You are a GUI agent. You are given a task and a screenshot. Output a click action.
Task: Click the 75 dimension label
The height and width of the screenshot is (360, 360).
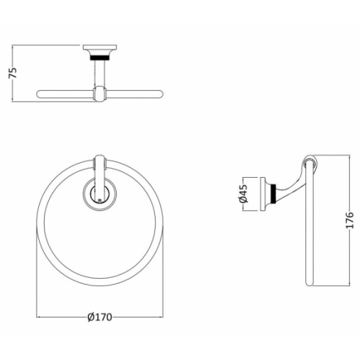(x=13, y=73)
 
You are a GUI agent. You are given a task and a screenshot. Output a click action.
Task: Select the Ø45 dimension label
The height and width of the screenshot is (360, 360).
(x=243, y=194)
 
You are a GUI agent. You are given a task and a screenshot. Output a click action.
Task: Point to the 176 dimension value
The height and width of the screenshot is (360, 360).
(x=350, y=220)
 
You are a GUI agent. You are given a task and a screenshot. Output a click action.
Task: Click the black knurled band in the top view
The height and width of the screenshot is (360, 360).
(x=100, y=58)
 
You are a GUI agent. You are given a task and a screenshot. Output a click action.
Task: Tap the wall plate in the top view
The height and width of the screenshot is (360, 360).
(x=100, y=48)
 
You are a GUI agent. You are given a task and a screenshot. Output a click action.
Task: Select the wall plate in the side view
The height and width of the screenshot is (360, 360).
(x=263, y=194)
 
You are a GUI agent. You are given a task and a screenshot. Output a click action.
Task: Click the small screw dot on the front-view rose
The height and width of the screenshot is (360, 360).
(x=100, y=199)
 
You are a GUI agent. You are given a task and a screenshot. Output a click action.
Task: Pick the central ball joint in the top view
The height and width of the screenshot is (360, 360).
(x=99, y=94)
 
